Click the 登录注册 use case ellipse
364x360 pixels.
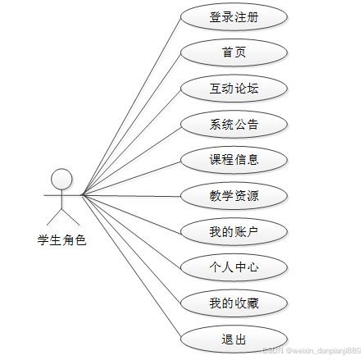click(x=234, y=16)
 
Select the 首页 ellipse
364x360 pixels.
click(x=234, y=52)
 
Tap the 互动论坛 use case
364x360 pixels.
click(x=234, y=89)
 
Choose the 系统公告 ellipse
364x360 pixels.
click(x=234, y=124)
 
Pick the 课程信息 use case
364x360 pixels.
click(x=234, y=160)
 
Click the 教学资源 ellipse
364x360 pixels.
click(x=234, y=196)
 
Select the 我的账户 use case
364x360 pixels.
click(x=234, y=231)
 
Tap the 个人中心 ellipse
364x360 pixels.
click(x=234, y=267)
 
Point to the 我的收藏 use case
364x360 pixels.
click(x=234, y=303)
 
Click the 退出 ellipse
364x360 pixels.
click(x=234, y=339)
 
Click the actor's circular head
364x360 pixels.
click(x=61, y=179)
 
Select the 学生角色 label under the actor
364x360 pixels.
click(x=61, y=240)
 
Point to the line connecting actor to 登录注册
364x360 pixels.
click(x=131, y=106)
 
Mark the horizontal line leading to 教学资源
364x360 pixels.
click(x=131, y=196)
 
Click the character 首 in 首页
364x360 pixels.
click(x=228, y=52)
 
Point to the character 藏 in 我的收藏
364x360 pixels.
click(x=253, y=303)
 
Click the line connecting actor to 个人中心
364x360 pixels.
click(x=131, y=231)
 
